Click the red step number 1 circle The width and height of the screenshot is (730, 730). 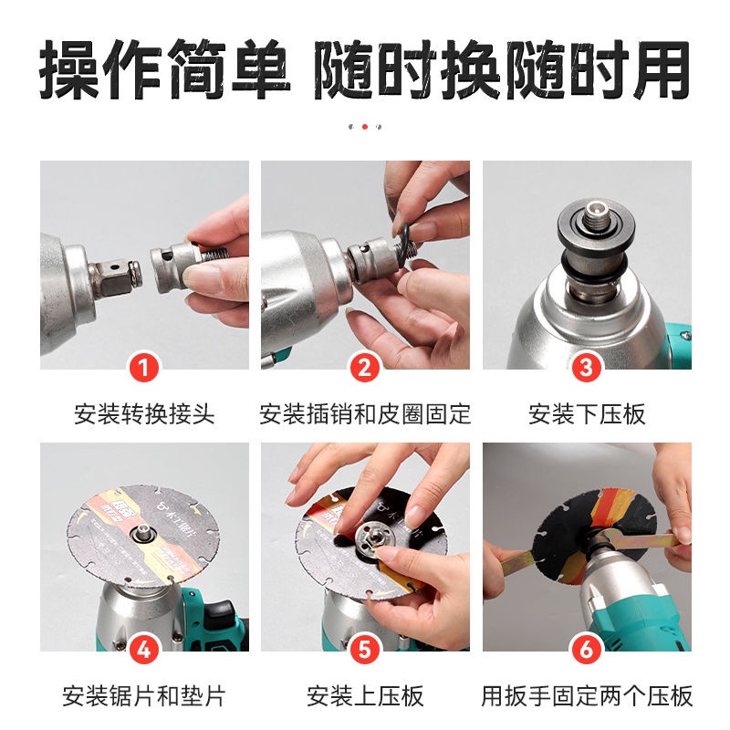pos(144,369)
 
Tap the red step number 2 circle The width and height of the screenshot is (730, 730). pos(365,369)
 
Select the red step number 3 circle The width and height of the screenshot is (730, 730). pos(587,369)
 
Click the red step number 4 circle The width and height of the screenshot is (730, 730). pos(144,650)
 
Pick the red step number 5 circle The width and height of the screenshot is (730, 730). pos(365,650)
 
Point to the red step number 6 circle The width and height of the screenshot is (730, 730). pos(587,650)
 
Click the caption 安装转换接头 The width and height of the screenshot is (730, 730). pos(144,414)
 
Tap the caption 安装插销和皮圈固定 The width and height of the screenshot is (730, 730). pos(365,414)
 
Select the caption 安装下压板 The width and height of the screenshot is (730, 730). pos(587,414)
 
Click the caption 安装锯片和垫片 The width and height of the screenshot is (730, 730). pos(144,696)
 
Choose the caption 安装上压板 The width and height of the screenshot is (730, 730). pos(365,696)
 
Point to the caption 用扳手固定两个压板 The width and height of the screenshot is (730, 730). pos(587,696)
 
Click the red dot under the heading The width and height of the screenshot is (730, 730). pos(365,127)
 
